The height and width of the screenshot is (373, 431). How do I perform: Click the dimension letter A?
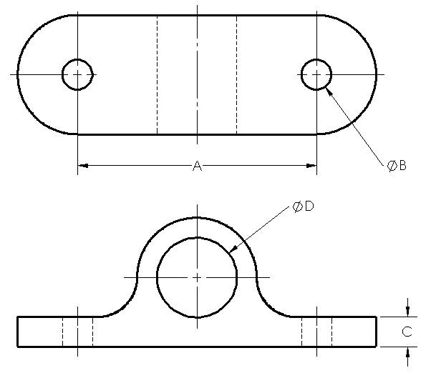coord(197,166)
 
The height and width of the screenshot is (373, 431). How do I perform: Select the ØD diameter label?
coord(304,207)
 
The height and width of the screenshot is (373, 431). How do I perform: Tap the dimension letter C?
coord(407,332)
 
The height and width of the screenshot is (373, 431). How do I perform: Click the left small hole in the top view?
coord(77,74)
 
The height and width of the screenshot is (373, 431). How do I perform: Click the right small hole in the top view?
coord(316,74)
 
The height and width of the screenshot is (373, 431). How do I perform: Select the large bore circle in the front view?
coord(197,277)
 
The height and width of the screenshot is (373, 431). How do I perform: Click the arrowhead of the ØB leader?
coord(329,89)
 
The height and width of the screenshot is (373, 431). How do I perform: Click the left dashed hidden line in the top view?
coord(158,74)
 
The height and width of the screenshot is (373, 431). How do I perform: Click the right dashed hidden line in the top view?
coord(236,74)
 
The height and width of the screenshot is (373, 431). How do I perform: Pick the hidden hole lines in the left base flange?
coord(77,332)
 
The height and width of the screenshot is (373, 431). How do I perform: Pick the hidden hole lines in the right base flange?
coord(316,332)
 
